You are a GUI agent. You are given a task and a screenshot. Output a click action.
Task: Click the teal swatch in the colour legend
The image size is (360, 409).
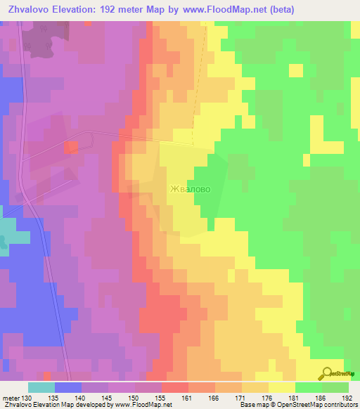pos(41,388)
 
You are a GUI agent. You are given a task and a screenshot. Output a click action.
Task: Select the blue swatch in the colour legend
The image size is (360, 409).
pos(68,388)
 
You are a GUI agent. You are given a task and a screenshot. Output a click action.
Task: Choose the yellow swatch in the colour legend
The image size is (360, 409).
pos(282,388)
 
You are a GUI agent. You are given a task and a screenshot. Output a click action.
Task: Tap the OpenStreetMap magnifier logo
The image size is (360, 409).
pos(328,374)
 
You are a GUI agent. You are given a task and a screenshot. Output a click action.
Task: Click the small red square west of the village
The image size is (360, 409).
pos(72,147)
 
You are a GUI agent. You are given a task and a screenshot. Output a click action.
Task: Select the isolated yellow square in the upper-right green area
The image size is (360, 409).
pos(296,70)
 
